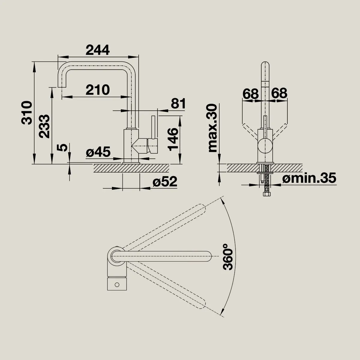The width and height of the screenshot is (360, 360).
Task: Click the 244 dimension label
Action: pyautogui.click(x=97, y=50)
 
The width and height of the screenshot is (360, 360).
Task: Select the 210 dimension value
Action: pyautogui.click(x=97, y=90)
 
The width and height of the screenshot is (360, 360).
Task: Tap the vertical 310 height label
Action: pyautogui.click(x=26, y=113)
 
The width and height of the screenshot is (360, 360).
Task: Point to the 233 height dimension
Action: pyautogui.click(x=44, y=126)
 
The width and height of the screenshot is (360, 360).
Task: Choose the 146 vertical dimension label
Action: pyautogui.click(x=173, y=139)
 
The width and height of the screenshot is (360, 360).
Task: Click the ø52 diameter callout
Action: pyautogui.click(x=165, y=181)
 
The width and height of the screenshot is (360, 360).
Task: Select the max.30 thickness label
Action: pyautogui.click(x=212, y=128)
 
